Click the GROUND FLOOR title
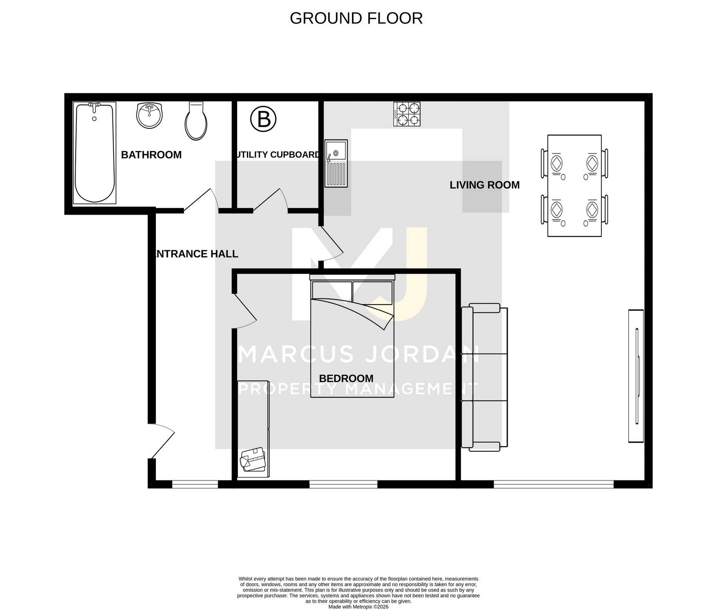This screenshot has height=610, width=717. click(356, 18)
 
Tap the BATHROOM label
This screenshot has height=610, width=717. click(151, 155)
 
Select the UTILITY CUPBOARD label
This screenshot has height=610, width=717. click(278, 155)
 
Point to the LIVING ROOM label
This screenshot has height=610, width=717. click(484, 185)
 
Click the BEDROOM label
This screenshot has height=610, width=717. click(346, 379)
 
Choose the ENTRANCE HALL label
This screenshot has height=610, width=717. click(197, 254)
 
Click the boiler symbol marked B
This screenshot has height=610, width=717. click(263, 119)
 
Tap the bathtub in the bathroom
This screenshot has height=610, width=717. click(94, 153)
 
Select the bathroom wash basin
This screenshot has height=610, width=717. click(149, 116)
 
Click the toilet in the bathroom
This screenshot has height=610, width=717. click(196, 121)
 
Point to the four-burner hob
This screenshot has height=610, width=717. click(407, 114)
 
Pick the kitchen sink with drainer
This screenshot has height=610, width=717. click(336, 164)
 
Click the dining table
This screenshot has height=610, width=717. click(574, 186)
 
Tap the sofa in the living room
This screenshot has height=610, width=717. click(484, 377)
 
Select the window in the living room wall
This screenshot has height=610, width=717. click(554, 484)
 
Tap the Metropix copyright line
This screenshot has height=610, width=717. click(358, 607)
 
